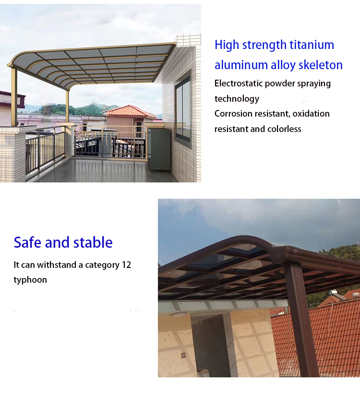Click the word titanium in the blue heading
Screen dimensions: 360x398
coord(312,45)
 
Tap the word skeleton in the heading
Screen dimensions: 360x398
coord(321,65)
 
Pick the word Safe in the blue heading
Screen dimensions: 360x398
coord(27,242)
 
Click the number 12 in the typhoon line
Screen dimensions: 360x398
coord(126,265)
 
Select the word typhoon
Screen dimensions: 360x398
coord(30,280)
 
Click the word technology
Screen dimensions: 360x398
coord(237,99)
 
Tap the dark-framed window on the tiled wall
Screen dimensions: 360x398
coord(183,109)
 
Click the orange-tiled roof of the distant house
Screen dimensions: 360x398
coord(130,112)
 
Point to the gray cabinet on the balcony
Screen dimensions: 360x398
coord(159,149)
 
